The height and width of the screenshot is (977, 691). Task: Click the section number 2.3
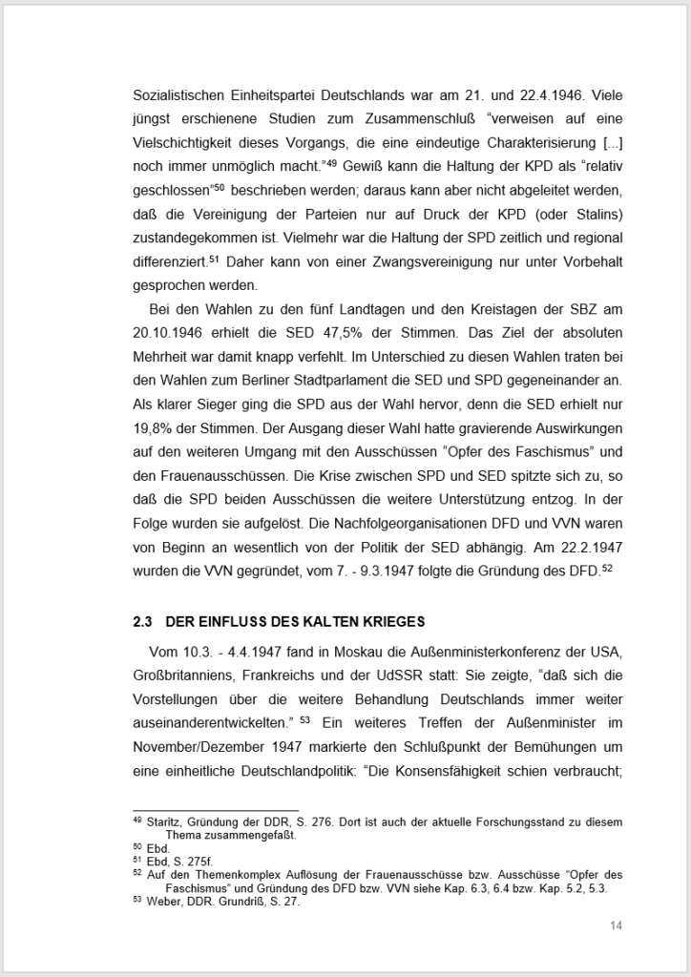tap(142, 622)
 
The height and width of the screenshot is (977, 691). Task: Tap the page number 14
tap(616, 925)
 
